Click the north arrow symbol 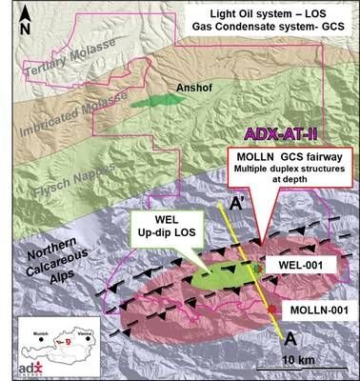[x=16, y=21]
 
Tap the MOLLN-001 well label [x=315, y=311]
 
